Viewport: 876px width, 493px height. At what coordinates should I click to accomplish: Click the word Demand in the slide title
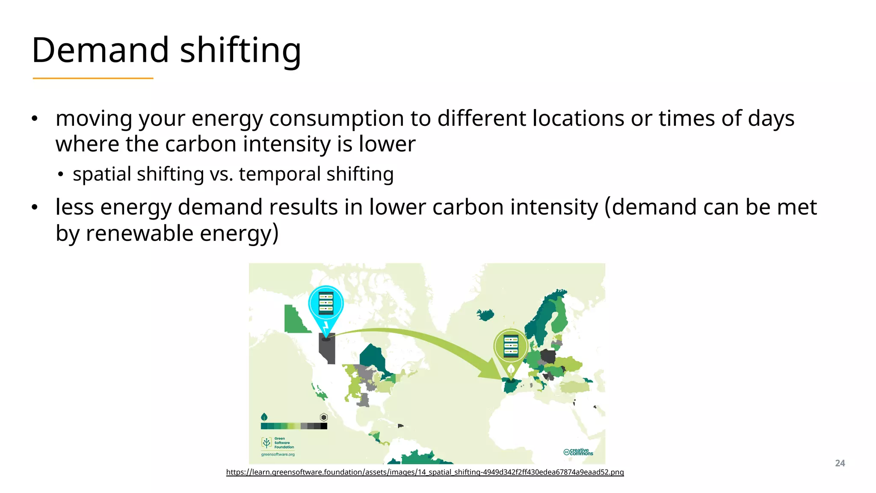pos(101,50)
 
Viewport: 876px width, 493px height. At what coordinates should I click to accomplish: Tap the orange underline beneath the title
pos(93,78)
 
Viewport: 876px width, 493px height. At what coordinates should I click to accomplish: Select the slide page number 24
pos(840,463)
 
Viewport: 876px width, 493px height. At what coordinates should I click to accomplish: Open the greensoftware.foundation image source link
pos(425,472)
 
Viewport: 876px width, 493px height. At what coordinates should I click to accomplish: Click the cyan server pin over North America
pos(326,304)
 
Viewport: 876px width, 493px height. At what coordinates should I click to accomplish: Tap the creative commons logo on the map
pos(578,452)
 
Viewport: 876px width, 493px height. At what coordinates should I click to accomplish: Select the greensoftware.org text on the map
pos(278,454)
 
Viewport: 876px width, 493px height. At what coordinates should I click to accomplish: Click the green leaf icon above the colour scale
pos(264,416)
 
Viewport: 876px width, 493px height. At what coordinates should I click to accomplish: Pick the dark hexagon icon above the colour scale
pos(324,417)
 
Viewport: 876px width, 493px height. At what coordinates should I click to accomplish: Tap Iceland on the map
pos(485,315)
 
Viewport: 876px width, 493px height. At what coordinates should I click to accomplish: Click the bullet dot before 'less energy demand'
pos(35,208)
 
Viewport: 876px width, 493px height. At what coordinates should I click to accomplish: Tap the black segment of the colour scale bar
pos(324,426)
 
